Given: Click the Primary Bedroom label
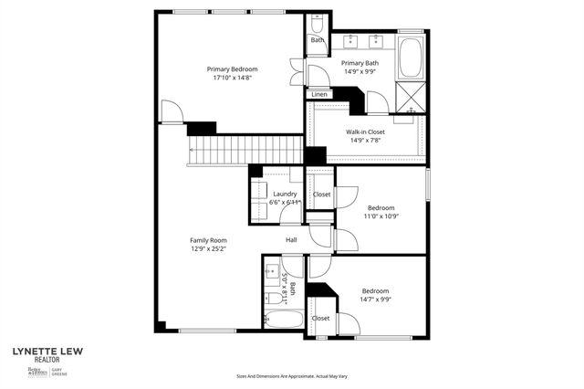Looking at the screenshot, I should tap(232, 69).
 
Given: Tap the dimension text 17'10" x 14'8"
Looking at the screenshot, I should tap(232, 79).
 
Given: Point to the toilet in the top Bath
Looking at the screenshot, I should tap(317, 23).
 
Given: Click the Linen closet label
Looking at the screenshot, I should tap(319, 94).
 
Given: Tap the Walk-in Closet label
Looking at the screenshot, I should tap(369, 131).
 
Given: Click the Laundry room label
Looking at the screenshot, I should tap(285, 194).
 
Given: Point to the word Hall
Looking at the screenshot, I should tap(291, 240).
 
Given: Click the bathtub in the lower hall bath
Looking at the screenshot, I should tap(283, 321).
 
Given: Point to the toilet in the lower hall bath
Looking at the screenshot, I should tap(273, 299).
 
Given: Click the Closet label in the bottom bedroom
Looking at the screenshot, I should tap(320, 318).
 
